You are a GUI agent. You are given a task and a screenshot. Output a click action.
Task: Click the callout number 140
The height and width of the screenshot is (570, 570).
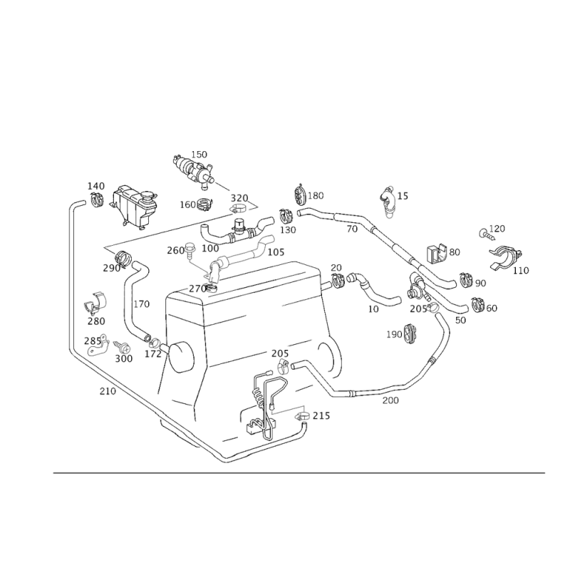point(96,186)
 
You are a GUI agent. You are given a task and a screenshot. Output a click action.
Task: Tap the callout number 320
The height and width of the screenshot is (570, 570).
point(239,197)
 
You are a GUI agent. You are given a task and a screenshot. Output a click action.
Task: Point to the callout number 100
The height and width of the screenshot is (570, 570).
point(210,249)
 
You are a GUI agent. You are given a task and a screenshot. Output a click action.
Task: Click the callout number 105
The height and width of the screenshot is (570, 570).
point(276,252)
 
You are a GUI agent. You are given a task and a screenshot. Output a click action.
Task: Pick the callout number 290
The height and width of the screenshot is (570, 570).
point(110,268)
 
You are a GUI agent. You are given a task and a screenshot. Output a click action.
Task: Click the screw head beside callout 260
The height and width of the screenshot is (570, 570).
point(191,249)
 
